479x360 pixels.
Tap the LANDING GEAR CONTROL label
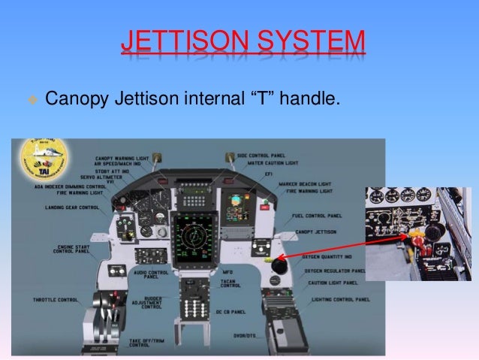click(71, 207)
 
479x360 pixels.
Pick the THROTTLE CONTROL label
click(55, 299)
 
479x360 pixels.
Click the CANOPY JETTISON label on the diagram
click(315, 232)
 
